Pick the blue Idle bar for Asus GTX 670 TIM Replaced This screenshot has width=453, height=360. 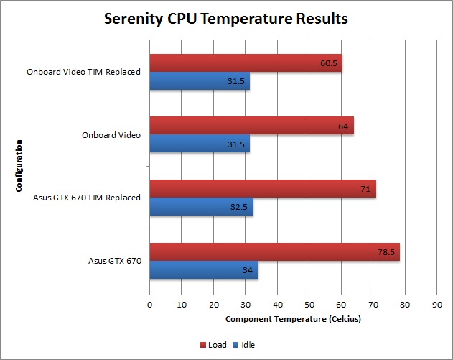tap(200, 206)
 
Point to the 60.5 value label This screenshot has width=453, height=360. tap(330, 64)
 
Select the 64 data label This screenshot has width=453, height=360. tap(342, 127)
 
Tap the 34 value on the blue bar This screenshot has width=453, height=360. tap(246, 269)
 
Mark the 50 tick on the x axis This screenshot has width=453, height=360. tap(309, 305)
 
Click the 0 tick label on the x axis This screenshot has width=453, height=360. tap(149, 305)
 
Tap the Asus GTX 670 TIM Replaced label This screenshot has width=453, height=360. tap(87, 198)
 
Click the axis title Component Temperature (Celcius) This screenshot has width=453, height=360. tap(293, 318)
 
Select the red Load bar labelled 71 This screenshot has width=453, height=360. tap(262, 190)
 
